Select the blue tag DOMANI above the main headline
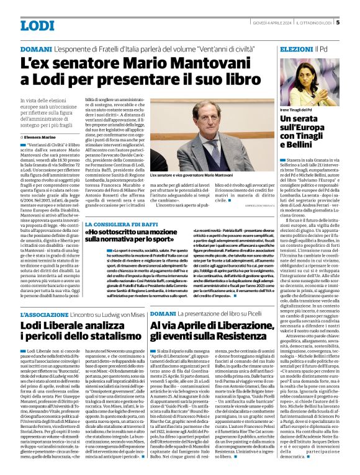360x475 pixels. [x=35, y=48]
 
